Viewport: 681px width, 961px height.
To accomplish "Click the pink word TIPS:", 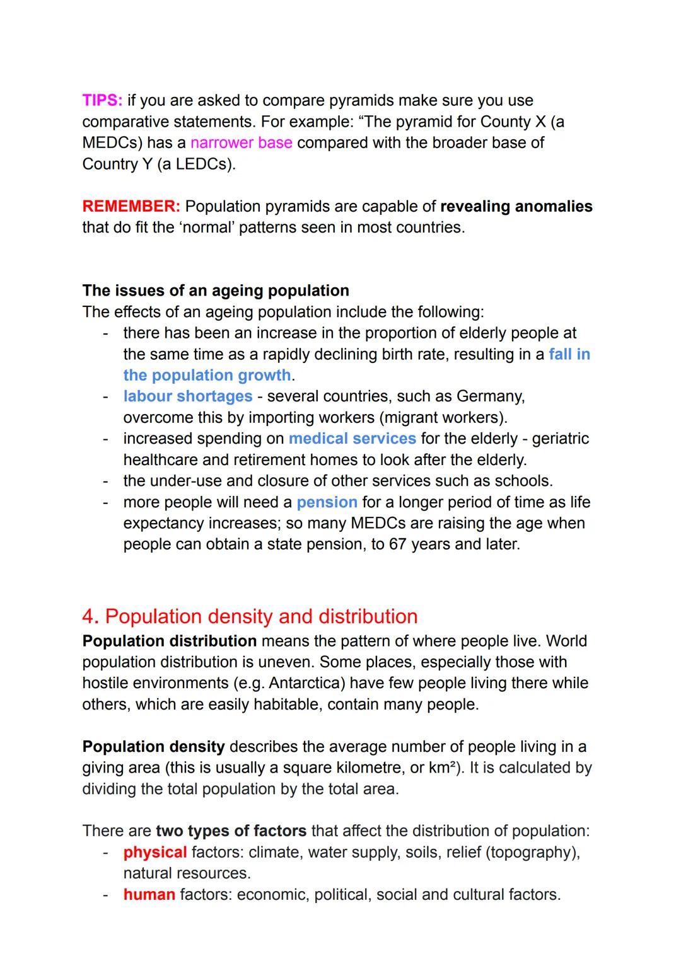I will coord(102,101).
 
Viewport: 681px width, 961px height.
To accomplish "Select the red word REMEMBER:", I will coord(131,207).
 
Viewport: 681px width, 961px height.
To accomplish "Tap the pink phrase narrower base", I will coord(241,143).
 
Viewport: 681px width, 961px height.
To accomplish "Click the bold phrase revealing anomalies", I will coord(516,207).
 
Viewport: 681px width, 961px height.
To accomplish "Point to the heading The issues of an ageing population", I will coord(216,291).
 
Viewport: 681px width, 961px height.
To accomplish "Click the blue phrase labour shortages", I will coord(188,396).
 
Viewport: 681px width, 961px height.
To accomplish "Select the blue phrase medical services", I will coord(352,439).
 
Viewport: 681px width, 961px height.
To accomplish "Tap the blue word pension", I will coord(327,502).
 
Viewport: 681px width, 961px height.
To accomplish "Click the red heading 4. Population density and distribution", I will coord(250,616).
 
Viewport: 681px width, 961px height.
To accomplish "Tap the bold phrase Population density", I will coord(153,747).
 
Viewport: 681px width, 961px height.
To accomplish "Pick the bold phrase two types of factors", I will coord(231,831).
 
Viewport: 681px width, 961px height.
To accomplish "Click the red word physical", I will coord(155,853).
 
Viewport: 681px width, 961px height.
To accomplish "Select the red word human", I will coord(149,895).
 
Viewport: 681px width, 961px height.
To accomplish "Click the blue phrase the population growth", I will coord(207,376).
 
